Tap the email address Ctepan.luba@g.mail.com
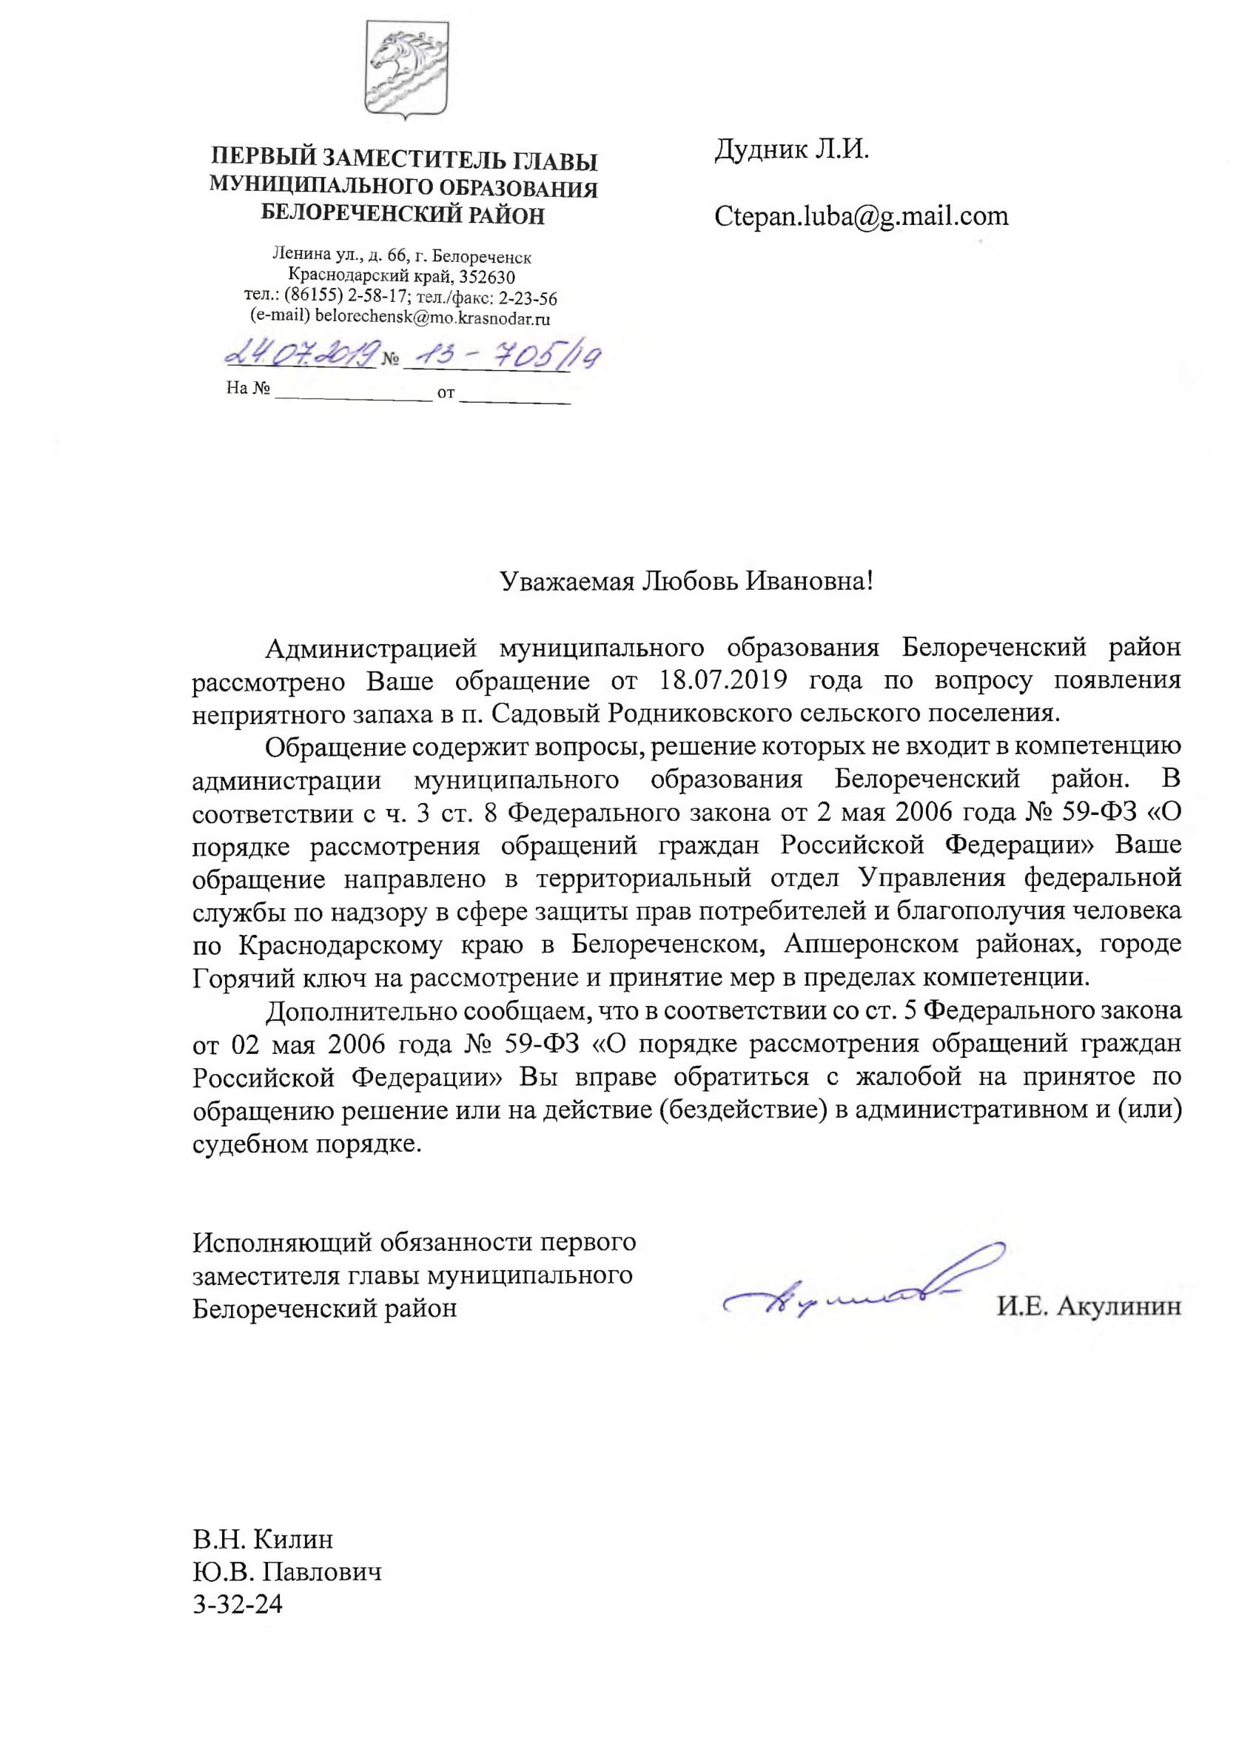[x=862, y=216]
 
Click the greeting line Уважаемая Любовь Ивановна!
[x=686, y=581]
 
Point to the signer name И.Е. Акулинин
[x=1088, y=1307]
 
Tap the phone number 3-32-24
[x=238, y=1583]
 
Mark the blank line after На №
[x=354, y=392]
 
